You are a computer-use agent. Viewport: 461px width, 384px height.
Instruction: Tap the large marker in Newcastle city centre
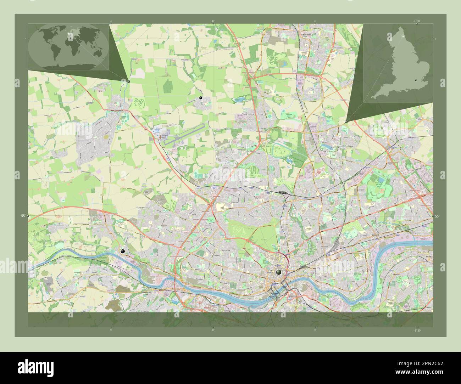279,272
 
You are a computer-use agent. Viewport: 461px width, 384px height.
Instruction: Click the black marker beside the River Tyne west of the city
123,251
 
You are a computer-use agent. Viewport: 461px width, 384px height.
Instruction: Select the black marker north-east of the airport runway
201,97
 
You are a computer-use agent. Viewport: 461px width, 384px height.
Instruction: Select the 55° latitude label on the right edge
437,216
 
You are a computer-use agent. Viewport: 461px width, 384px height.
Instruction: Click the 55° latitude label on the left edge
23,216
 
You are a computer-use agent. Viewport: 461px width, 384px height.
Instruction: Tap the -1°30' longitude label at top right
416,21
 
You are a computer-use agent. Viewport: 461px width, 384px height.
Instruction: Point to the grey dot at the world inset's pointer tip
128,81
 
